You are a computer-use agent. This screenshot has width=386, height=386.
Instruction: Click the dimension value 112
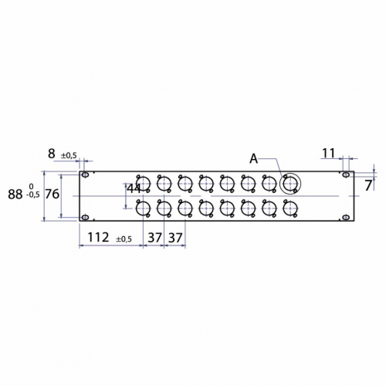pos(98,237)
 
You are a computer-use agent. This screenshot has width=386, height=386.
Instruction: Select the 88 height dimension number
pos(15,195)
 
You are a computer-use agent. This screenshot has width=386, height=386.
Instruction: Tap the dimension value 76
pos(52,194)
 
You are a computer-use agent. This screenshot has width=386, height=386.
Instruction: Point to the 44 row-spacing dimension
pos(134,189)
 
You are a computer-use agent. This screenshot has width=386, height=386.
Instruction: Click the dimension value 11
pos(329,153)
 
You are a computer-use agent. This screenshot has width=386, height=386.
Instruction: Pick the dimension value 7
pos(368,185)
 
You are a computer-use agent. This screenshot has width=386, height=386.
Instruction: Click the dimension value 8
pos(52,154)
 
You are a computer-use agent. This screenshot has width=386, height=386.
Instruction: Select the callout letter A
pos(254,159)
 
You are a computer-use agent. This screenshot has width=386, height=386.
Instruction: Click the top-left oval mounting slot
pos(85,175)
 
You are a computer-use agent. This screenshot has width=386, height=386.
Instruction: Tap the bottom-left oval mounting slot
pos(85,218)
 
